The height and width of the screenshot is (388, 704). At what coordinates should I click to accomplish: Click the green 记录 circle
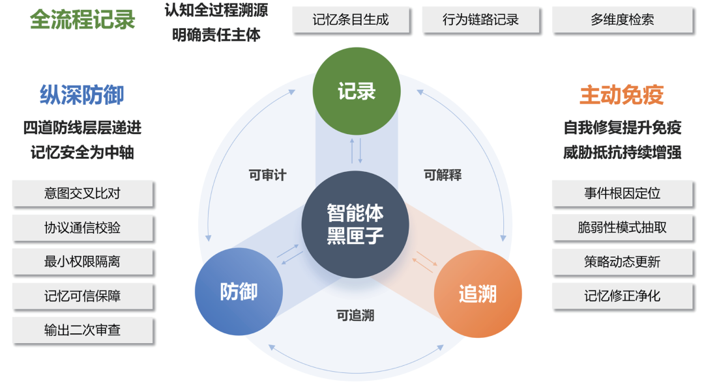pos(357,91)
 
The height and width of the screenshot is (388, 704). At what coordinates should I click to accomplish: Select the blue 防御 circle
pos(239,292)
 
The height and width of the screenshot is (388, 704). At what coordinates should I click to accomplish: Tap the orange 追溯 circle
pos(478,294)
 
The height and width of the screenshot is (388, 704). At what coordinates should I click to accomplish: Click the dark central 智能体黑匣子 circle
pos(355,225)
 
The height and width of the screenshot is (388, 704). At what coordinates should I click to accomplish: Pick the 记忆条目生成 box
pos(351,20)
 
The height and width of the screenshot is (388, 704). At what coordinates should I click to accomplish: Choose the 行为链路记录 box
pos(480,20)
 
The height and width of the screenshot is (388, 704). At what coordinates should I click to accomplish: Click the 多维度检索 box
pos(623,20)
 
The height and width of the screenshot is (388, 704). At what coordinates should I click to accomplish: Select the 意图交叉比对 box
pos(83,193)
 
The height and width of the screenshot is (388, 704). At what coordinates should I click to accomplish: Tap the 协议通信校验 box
pos(83,228)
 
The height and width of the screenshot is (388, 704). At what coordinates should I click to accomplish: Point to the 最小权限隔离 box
pos(83,262)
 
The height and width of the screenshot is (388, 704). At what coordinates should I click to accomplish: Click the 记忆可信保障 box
pos(83,296)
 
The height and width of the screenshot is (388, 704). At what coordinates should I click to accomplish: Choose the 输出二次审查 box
pos(83,330)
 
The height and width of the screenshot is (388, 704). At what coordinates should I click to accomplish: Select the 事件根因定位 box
pos(623,193)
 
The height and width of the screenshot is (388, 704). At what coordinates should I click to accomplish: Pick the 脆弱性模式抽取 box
pos(623,228)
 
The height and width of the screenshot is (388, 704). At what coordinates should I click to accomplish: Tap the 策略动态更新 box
pos(623,262)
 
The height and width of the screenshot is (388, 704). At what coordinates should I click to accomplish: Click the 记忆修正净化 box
pos(623,296)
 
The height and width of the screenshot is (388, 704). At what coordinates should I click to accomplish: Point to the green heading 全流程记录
pos(83,20)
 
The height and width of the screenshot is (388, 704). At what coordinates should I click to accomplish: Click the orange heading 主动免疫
pos(622,95)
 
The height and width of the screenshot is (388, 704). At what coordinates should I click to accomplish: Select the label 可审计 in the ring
pos(268,175)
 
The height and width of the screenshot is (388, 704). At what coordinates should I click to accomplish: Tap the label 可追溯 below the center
pos(355,315)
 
